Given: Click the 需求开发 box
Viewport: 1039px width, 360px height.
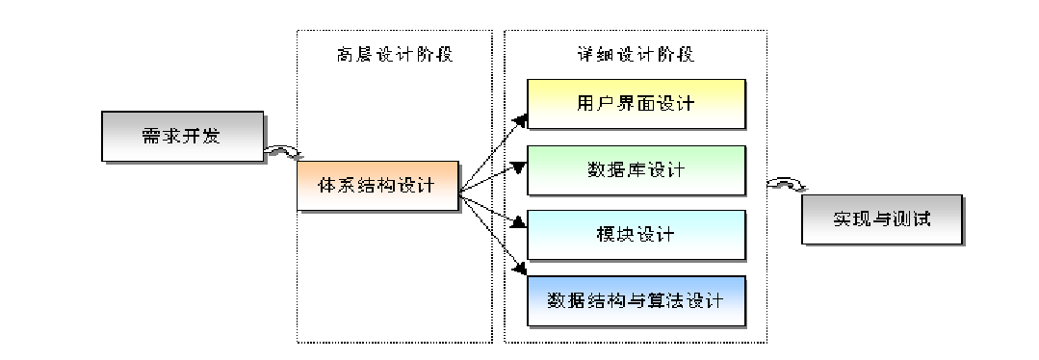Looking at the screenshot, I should pos(180,136).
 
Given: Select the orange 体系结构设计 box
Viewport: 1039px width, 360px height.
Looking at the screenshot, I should pos(377,186).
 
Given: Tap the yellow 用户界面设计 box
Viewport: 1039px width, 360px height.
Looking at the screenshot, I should pos(636,103).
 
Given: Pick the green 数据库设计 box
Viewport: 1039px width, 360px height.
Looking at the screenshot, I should pos(636,169).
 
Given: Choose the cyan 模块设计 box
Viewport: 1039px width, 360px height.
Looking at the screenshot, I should pos(636,234).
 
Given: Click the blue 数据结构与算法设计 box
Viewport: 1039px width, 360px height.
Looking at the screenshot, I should pos(636,299).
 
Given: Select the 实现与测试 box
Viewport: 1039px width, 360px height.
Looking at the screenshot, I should pos(882,219).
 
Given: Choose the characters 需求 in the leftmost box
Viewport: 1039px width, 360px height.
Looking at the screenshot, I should pos(154,136).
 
